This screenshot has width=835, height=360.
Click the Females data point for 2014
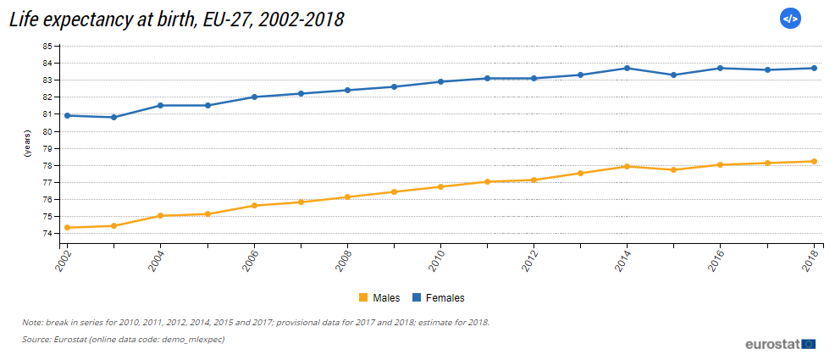pyautogui.click(x=627, y=68)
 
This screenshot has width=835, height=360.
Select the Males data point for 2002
pyautogui.click(x=67, y=227)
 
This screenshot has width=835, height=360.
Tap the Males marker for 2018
pyautogui.click(x=814, y=161)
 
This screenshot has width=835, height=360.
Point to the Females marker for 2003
pyautogui.click(x=113, y=117)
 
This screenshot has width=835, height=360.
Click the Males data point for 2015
pyautogui.click(x=673, y=169)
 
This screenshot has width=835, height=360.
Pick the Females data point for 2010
pyautogui.click(x=440, y=81)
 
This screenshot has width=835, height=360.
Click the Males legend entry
pyautogui.click(x=379, y=297)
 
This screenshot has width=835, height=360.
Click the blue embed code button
pyautogui.click(x=789, y=18)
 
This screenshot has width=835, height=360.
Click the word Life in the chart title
pyautogui.click(x=25, y=19)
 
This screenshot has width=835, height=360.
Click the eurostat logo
pyautogui.click(x=780, y=343)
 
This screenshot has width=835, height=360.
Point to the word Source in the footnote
pyautogui.click(x=38, y=339)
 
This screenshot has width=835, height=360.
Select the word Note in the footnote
pyautogui.click(x=32, y=322)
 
